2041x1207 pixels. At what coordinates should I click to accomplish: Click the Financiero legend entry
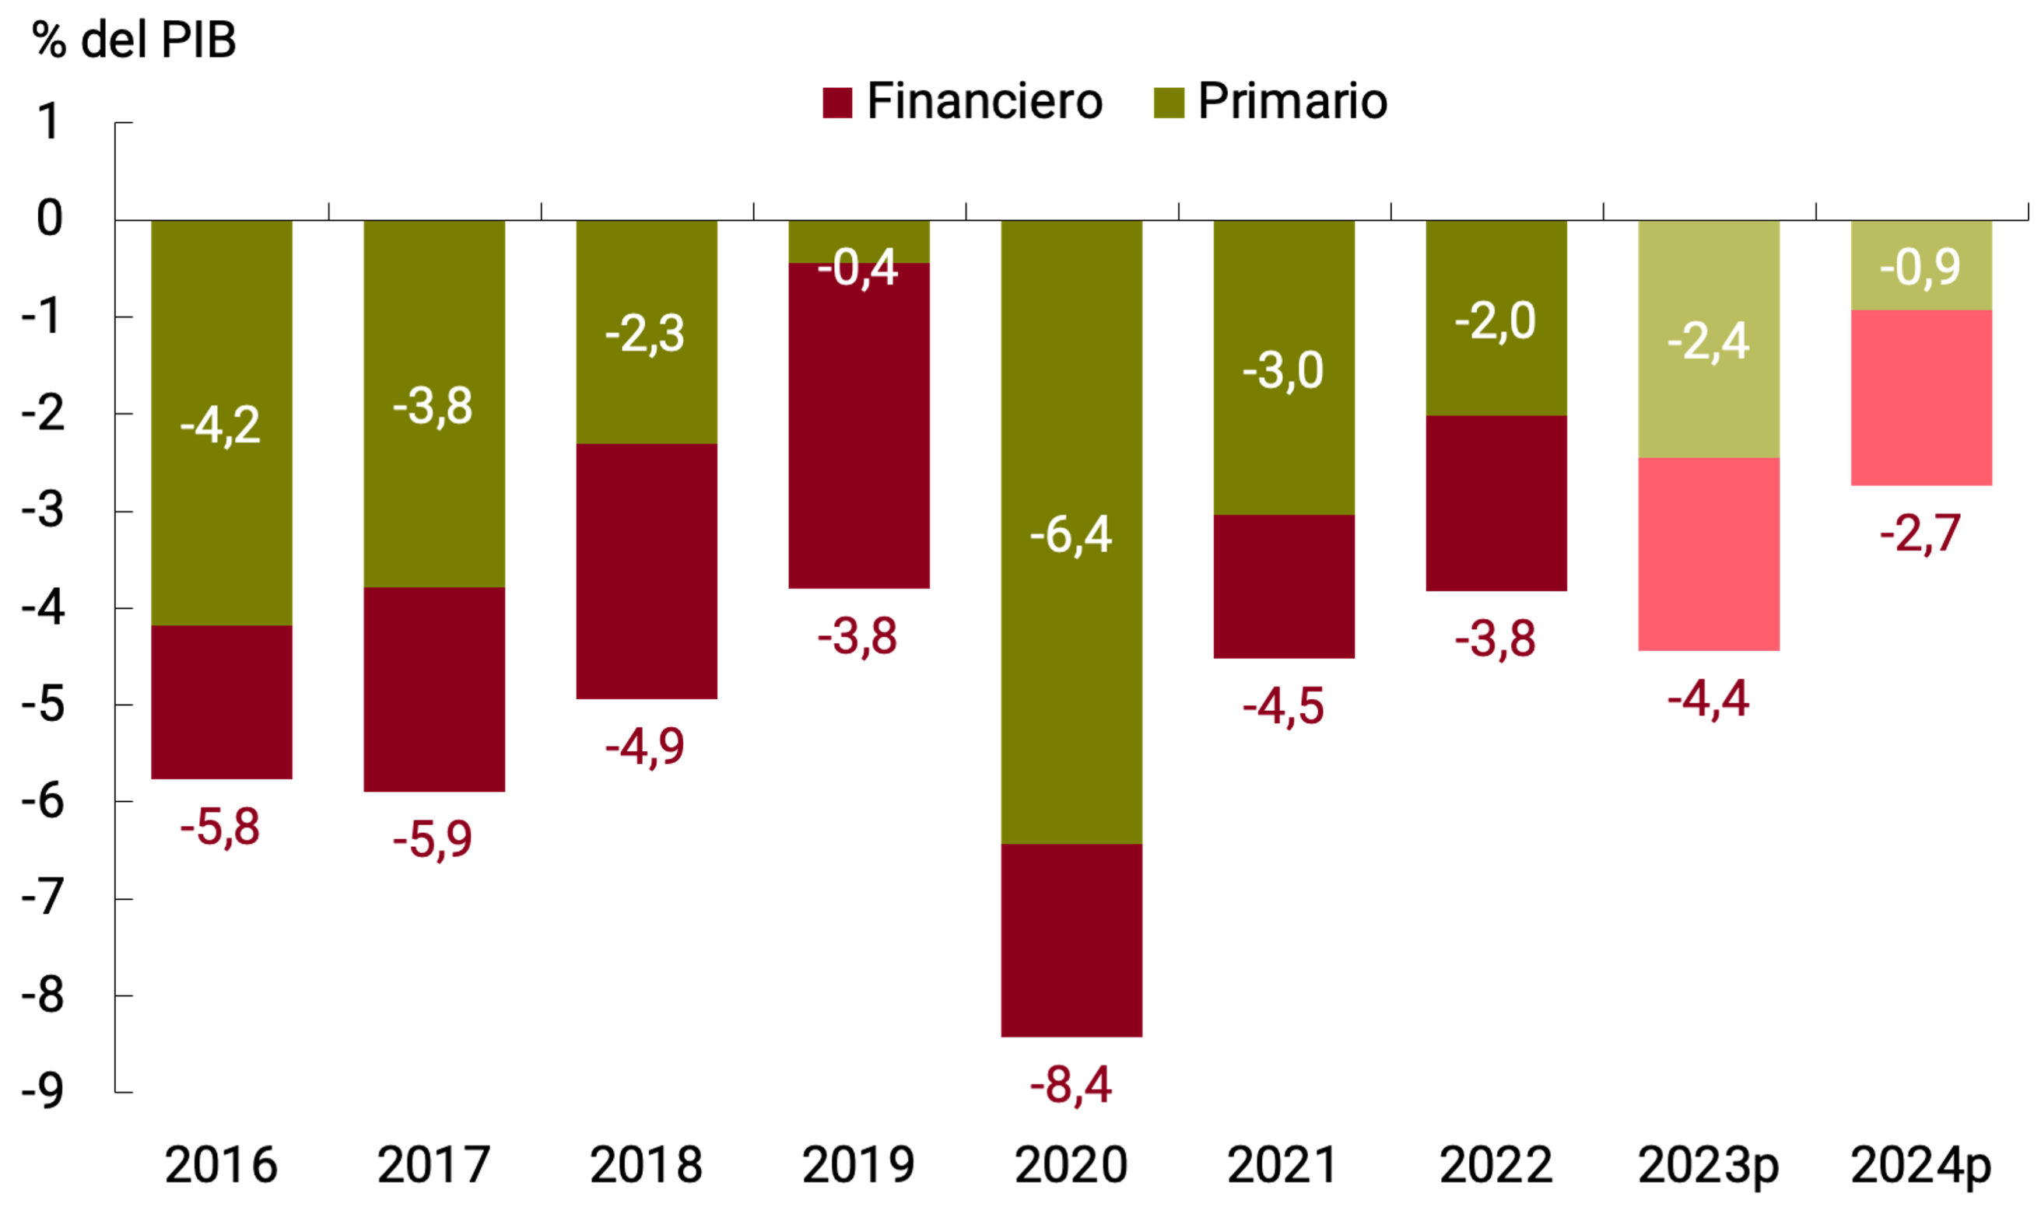[x=962, y=102]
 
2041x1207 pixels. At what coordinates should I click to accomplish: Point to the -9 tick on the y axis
[x=42, y=1091]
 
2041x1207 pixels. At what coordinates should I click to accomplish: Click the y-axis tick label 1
[x=49, y=122]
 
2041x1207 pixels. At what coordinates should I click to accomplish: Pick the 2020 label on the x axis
[x=1071, y=1165]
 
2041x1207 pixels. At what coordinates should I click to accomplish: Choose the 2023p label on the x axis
[x=1708, y=1165]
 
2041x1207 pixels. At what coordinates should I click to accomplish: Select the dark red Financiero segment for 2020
[x=1071, y=939]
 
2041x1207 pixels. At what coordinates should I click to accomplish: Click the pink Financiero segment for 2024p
[x=1920, y=397]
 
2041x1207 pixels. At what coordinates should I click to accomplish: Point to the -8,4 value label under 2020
[x=1071, y=1085]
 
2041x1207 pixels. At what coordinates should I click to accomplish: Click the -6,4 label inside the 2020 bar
[x=1071, y=535]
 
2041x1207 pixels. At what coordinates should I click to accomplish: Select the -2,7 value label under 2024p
[x=1920, y=534]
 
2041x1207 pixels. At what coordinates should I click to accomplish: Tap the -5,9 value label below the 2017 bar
[x=433, y=839]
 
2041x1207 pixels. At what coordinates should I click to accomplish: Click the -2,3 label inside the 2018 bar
[x=645, y=334]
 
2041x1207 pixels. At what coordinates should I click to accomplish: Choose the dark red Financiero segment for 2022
[x=1496, y=502]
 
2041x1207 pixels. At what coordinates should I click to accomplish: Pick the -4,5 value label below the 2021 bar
[x=1283, y=706]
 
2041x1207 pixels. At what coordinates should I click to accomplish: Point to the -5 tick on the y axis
[x=42, y=705]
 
